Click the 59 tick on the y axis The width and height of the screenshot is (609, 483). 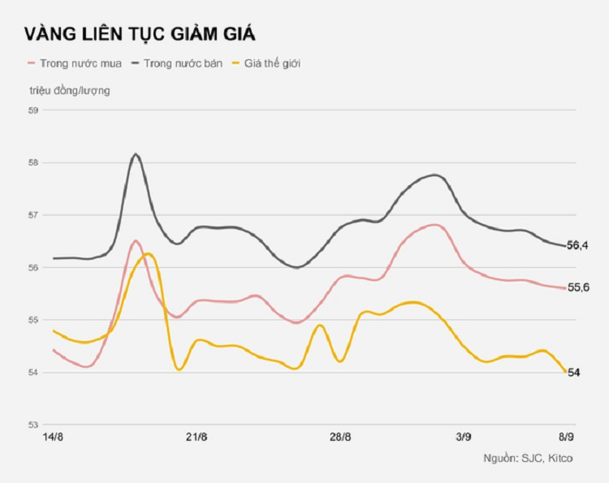pyautogui.click(x=34, y=110)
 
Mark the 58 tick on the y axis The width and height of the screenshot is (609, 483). pyautogui.click(x=34, y=163)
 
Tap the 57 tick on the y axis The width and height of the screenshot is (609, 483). pyautogui.click(x=34, y=215)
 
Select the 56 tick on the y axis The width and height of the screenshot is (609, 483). pyautogui.click(x=34, y=268)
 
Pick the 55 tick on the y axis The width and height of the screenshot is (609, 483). pyautogui.click(x=34, y=320)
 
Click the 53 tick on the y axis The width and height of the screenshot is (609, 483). pyautogui.click(x=34, y=425)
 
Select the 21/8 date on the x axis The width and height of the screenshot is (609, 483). pyautogui.click(x=197, y=438)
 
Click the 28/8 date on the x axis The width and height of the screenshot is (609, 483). pyautogui.click(x=341, y=438)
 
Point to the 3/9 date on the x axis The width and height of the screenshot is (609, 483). pyautogui.click(x=464, y=438)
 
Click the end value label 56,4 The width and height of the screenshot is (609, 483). pyautogui.click(x=577, y=245)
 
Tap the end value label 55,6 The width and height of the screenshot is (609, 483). pyautogui.click(x=577, y=287)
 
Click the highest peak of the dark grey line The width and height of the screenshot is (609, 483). pyautogui.click(x=136, y=154)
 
